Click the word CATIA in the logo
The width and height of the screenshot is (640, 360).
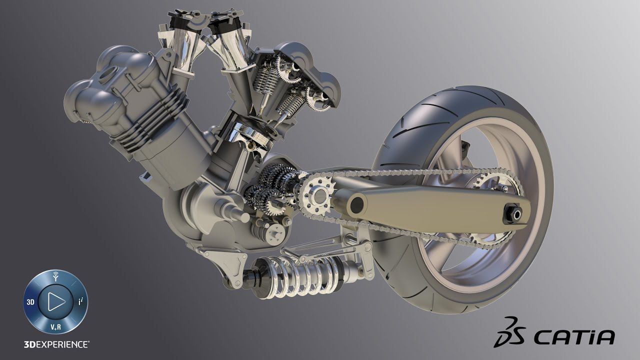point(574,337)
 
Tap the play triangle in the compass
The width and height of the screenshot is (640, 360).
point(56,301)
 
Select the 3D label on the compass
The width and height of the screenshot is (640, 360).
point(30,302)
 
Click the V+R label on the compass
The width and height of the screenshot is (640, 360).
point(55,327)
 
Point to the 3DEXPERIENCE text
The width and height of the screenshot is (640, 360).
point(56,344)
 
